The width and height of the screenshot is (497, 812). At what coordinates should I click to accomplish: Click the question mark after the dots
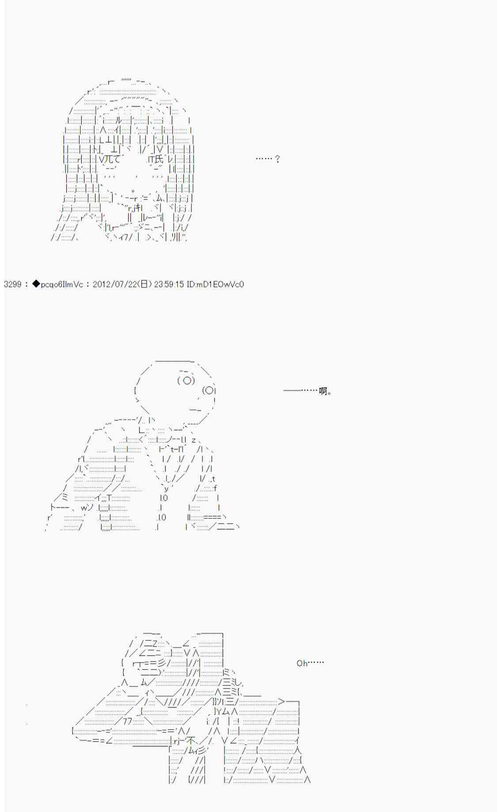[277, 159]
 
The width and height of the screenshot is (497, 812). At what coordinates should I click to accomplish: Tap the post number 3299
[12, 284]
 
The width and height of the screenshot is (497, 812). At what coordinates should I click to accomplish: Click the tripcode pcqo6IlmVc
[61, 284]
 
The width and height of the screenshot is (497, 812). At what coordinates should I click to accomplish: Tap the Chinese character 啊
[324, 391]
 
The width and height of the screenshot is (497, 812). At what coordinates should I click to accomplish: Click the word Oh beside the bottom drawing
[302, 663]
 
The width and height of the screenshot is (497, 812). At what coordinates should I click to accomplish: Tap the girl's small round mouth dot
[133, 191]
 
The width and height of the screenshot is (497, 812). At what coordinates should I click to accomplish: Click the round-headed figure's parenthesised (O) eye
[186, 380]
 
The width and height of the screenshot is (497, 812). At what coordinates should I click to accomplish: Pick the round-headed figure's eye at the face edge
[209, 390]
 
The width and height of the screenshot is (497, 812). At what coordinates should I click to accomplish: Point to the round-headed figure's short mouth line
[195, 410]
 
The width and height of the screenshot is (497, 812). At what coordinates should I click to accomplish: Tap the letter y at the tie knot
[166, 488]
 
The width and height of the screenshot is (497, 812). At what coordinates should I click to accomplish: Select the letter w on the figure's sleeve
[84, 507]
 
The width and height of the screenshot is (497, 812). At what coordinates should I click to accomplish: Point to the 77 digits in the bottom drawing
[127, 721]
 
